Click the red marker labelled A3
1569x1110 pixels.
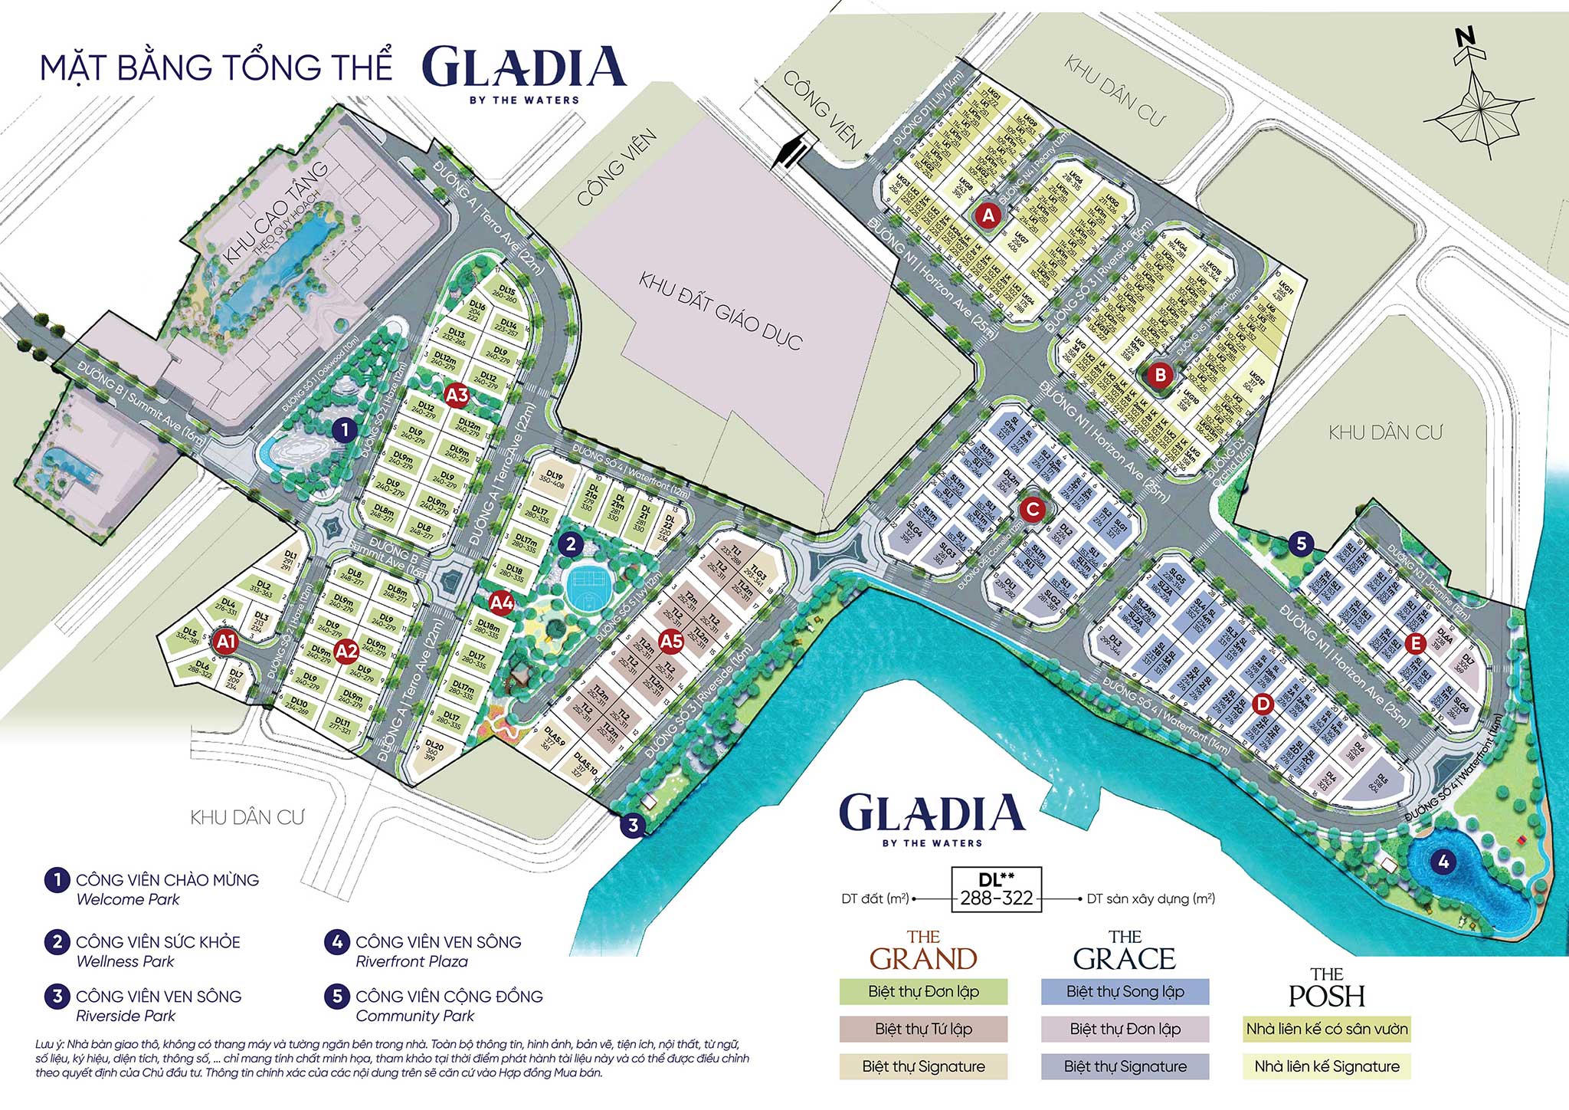click(457, 396)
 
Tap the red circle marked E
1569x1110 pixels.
click(1415, 643)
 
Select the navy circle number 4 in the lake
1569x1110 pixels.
click(1443, 862)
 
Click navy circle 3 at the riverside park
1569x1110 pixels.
click(633, 826)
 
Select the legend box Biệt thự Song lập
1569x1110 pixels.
click(1125, 991)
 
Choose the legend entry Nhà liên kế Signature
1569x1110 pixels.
click(1326, 1066)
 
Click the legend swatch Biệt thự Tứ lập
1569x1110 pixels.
click(923, 1029)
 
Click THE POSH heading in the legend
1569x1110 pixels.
click(1326, 987)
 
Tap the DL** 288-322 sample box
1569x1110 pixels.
click(996, 890)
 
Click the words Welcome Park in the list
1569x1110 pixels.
click(128, 900)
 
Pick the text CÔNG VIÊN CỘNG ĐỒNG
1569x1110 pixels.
click(449, 997)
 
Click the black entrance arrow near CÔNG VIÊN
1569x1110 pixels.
click(790, 151)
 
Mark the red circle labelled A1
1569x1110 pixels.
click(225, 642)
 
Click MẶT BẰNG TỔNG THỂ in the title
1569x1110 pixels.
click(216, 67)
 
